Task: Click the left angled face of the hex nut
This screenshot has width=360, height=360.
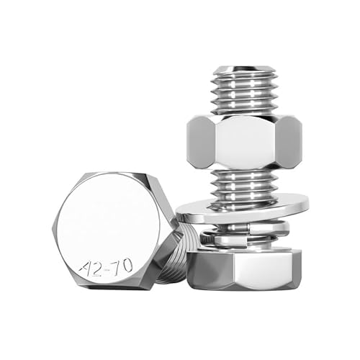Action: pos(200,140)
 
